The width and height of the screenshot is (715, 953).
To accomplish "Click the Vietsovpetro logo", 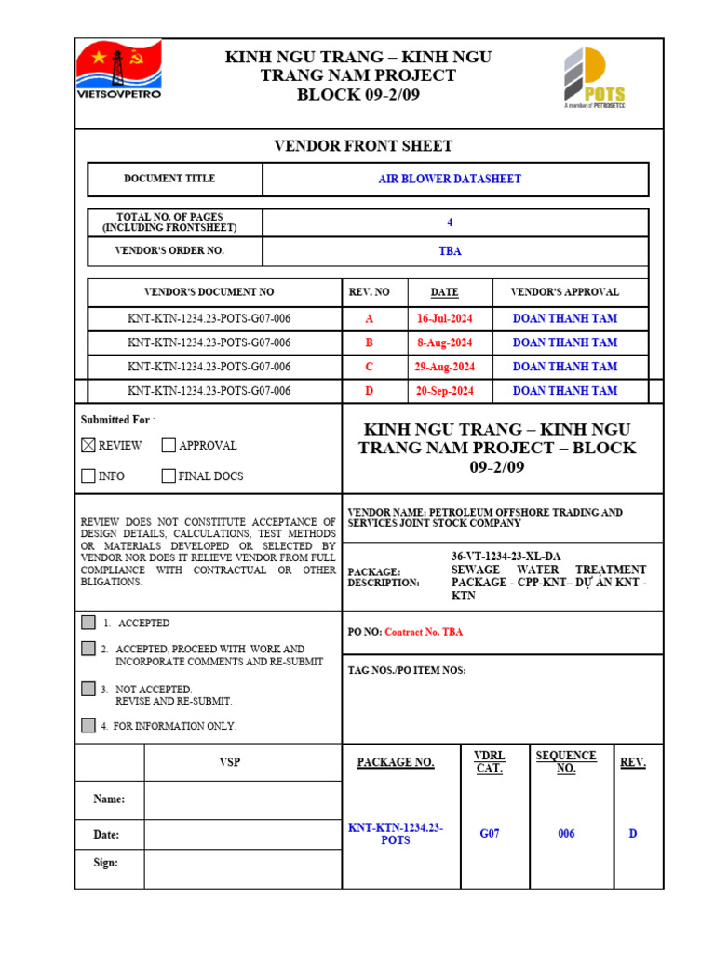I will tap(118, 70).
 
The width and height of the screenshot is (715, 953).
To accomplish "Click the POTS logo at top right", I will tap(594, 78).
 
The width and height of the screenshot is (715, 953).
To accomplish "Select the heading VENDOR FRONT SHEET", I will tap(362, 146).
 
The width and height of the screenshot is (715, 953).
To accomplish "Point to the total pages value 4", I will tap(450, 222).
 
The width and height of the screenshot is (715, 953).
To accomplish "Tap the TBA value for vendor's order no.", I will tap(450, 251).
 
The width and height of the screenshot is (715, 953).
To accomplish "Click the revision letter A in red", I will tap(370, 318).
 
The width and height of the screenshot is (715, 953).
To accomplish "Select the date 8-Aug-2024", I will tap(444, 342).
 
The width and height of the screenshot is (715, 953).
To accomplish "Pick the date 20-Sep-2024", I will tap(444, 391).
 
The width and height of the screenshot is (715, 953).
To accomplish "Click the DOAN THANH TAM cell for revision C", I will tap(564, 367).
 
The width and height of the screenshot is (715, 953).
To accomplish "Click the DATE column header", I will tap(444, 292).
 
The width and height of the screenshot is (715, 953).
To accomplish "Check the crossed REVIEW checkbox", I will tap(88, 446).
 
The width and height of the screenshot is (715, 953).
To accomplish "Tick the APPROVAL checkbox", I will tap(169, 446).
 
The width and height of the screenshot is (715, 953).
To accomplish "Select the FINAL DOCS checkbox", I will tap(169, 476).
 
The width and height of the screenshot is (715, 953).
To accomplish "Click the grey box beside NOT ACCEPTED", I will tap(88, 689).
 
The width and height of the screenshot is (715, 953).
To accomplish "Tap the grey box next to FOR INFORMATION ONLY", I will tap(88, 725).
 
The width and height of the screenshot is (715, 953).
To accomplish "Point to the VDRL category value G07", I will tap(490, 834).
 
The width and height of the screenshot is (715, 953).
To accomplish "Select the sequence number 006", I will tap(566, 834).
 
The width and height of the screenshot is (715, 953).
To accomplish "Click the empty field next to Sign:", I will tap(242, 863).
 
